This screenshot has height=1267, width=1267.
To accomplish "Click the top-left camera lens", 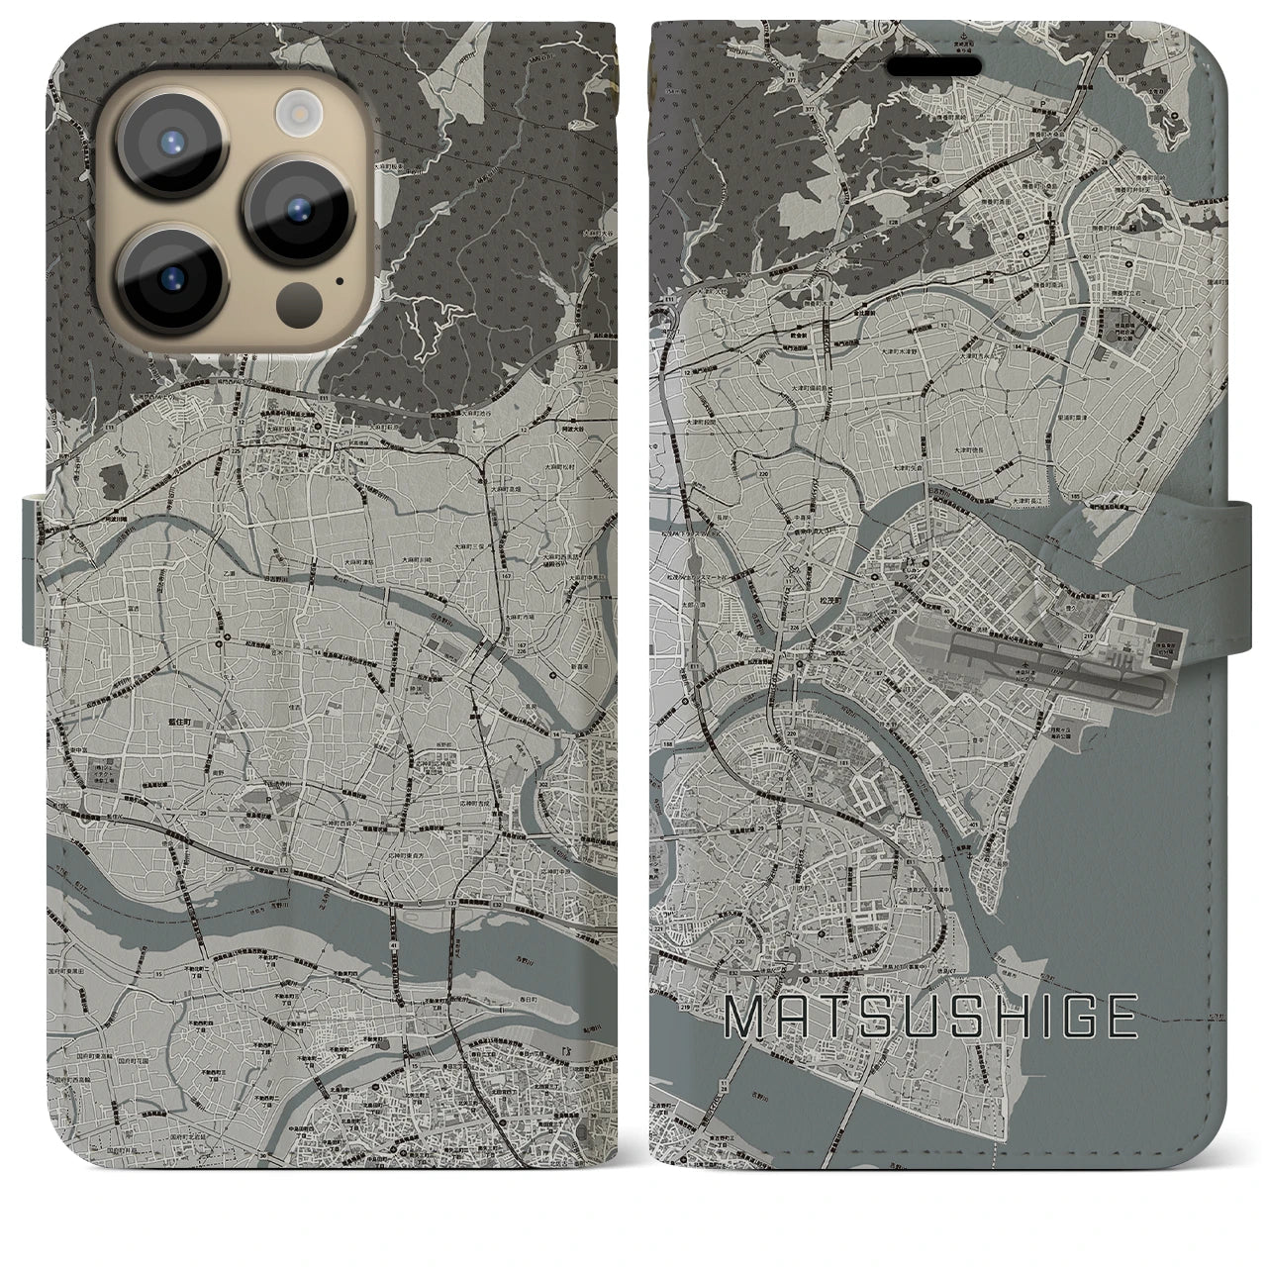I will point(166,146).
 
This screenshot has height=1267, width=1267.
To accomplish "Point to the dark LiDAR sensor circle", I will point(294,299).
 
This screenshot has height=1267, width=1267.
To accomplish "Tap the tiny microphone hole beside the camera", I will point(340,280).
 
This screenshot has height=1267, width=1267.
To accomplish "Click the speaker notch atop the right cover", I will point(941,65).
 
